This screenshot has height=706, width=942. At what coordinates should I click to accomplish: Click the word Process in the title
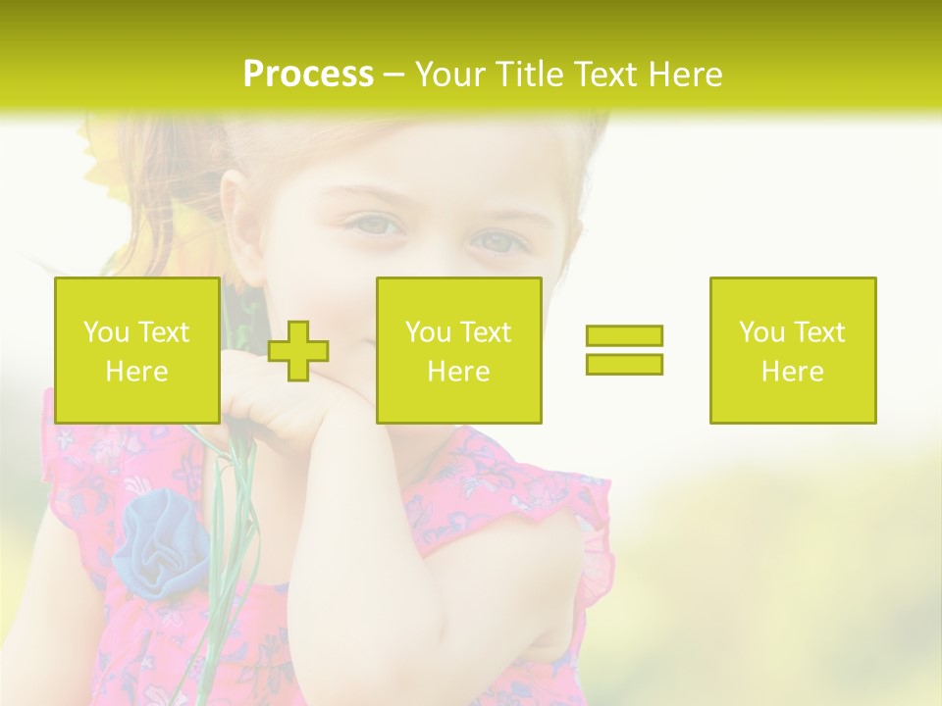[x=308, y=75]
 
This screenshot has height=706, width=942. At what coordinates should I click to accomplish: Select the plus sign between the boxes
[x=298, y=351]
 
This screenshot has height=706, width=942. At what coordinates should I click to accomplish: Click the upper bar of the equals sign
[x=624, y=335]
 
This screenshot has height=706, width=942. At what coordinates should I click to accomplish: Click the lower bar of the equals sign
[x=624, y=364]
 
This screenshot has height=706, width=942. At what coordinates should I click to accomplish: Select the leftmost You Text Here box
[x=136, y=350]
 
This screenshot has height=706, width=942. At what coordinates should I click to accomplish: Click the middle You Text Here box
[x=458, y=350]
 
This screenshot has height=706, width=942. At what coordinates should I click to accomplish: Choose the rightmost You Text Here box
[x=792, y=350]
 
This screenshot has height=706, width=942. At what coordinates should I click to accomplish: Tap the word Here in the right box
[x=792, y=372]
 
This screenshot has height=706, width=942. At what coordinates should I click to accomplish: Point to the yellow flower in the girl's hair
[x=108, y=157]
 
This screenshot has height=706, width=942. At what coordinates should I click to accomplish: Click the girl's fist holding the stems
[x=260, y=397]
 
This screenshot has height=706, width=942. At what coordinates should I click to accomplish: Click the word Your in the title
[x=450, y=75]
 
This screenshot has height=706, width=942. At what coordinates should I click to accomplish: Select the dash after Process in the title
[x=393, y=75]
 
